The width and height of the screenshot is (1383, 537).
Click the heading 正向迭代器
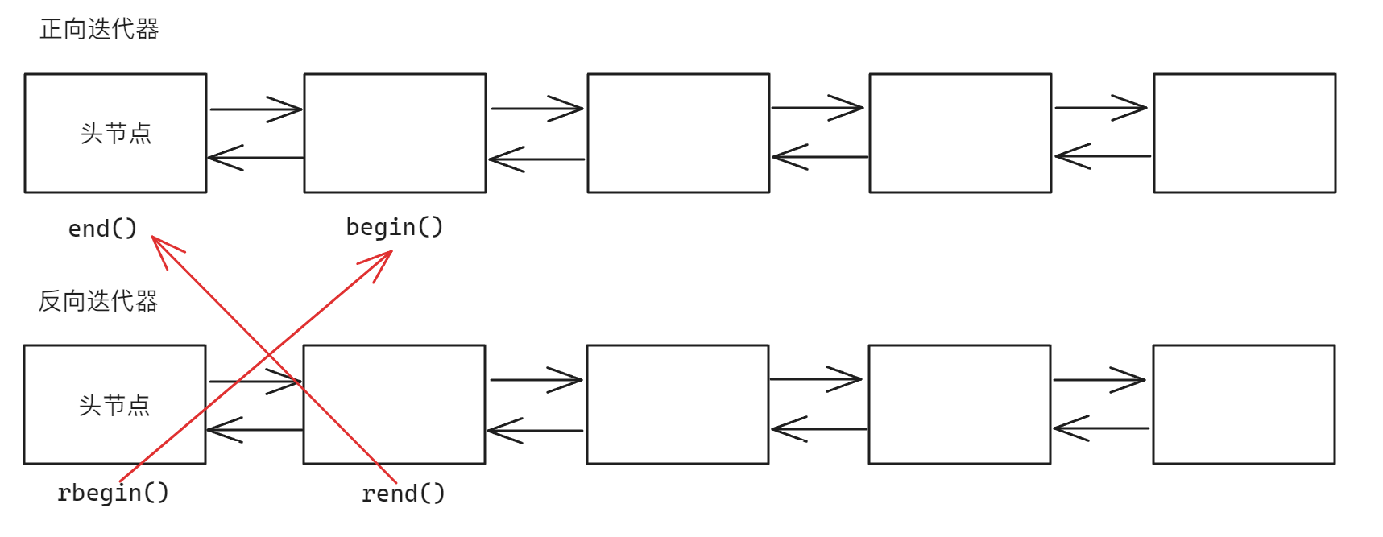click(99, 30)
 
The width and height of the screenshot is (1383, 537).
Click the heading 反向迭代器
click(98, 301)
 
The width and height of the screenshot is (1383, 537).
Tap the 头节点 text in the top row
click(116, 134)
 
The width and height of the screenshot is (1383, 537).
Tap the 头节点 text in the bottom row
click(114, 405)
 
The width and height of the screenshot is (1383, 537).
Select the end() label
click(102, 229)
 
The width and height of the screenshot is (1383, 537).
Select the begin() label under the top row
click(394, 227)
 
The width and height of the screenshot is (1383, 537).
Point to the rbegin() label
click(113, 492)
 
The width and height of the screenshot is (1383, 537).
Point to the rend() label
click(403, 494)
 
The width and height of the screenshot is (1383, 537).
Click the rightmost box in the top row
click(1244, 134)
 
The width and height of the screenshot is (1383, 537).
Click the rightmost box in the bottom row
click(1243, 405)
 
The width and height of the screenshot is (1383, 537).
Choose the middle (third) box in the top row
click(678, 134)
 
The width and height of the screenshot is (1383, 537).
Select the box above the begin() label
click(395, 134)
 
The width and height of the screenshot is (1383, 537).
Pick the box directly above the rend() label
click(394, 405)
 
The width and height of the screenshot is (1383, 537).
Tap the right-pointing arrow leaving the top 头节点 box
click(255, 109)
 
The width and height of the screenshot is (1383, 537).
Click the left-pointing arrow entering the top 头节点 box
click(255, 158)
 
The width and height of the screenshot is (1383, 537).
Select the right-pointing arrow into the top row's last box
click(1101, 108)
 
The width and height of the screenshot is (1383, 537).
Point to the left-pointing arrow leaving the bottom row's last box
click(1100, 428)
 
